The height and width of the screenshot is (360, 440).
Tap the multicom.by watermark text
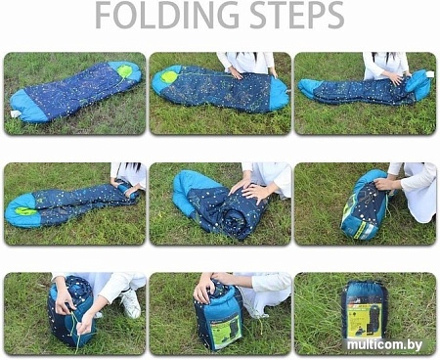pos(384,344)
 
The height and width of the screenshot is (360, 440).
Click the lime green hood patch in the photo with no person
pos(124,70)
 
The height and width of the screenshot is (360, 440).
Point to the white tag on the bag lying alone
pos(15,113)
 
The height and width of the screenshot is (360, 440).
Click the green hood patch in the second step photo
pos(169,77)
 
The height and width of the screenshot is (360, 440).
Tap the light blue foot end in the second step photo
pos(278,94)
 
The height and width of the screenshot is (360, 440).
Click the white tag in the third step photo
pos(430,74)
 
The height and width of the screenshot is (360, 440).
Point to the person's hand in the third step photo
pos(394,77)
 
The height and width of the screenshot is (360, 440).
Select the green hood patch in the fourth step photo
pos(25,211)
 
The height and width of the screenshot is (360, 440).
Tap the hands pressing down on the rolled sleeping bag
pos(250,190)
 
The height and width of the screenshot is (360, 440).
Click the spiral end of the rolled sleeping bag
pos(236,218)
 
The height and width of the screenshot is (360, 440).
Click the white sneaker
pos(131,303)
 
